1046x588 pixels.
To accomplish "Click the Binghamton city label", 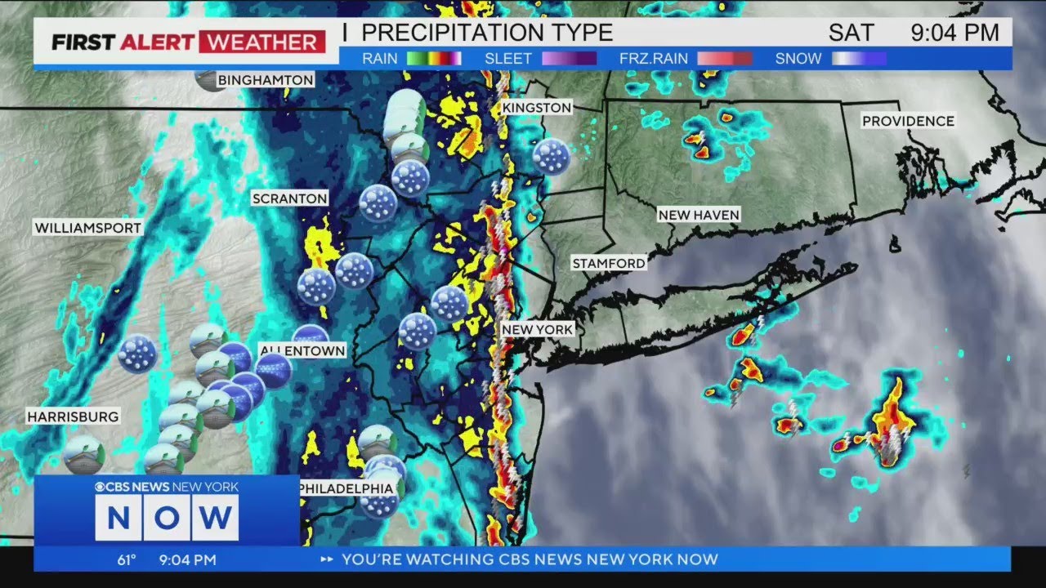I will point(265,80).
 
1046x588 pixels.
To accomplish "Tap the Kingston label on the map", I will point(536,108).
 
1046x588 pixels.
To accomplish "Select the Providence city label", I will point(908,121).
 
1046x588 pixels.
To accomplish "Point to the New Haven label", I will point(699,215).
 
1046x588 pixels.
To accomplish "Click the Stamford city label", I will point(608,263).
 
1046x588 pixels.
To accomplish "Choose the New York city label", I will point(537,329).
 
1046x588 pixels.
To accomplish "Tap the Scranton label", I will point(289,198).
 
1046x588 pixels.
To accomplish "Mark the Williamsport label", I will point(87,228).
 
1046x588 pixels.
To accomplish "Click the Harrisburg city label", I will point(73,416).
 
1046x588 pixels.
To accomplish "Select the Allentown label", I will point(302,350).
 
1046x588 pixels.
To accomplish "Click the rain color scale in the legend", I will point(434,59).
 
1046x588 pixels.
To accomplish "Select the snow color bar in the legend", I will point(858,59).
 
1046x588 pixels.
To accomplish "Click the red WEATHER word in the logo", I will point(261,42).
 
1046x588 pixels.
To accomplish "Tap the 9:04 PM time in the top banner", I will point(954,33).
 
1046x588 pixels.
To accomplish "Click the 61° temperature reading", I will point(126,560).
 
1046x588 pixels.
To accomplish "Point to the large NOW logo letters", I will point(167,517).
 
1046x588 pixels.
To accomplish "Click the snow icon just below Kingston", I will point(551,156).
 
